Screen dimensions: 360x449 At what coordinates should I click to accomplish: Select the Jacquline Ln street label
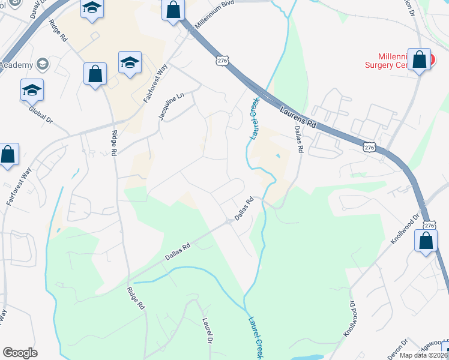pyautogui.click(x=170, y=106)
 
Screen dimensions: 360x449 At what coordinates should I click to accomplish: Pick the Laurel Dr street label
pyautogui.click(x=208, y=331)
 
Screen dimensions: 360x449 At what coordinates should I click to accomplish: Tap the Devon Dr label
pyautogui.click(x=396, y=349)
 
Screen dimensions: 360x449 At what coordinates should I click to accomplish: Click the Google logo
pyautogui.click(x=20, y=353)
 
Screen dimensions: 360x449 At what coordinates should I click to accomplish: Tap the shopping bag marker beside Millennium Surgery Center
pyautogui.click(x=420, y=59)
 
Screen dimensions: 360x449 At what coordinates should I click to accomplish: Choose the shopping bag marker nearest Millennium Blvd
pyautogui.click(x=173, y=10)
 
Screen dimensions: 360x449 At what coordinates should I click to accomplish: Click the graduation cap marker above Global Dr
pyautogui.click(x=32, y=90)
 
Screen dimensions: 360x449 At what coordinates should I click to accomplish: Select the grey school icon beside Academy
pyautogui.click(x=43, y=64)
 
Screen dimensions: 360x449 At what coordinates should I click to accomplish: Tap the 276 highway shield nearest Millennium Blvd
pyautogui.click(x=222, y=61)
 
